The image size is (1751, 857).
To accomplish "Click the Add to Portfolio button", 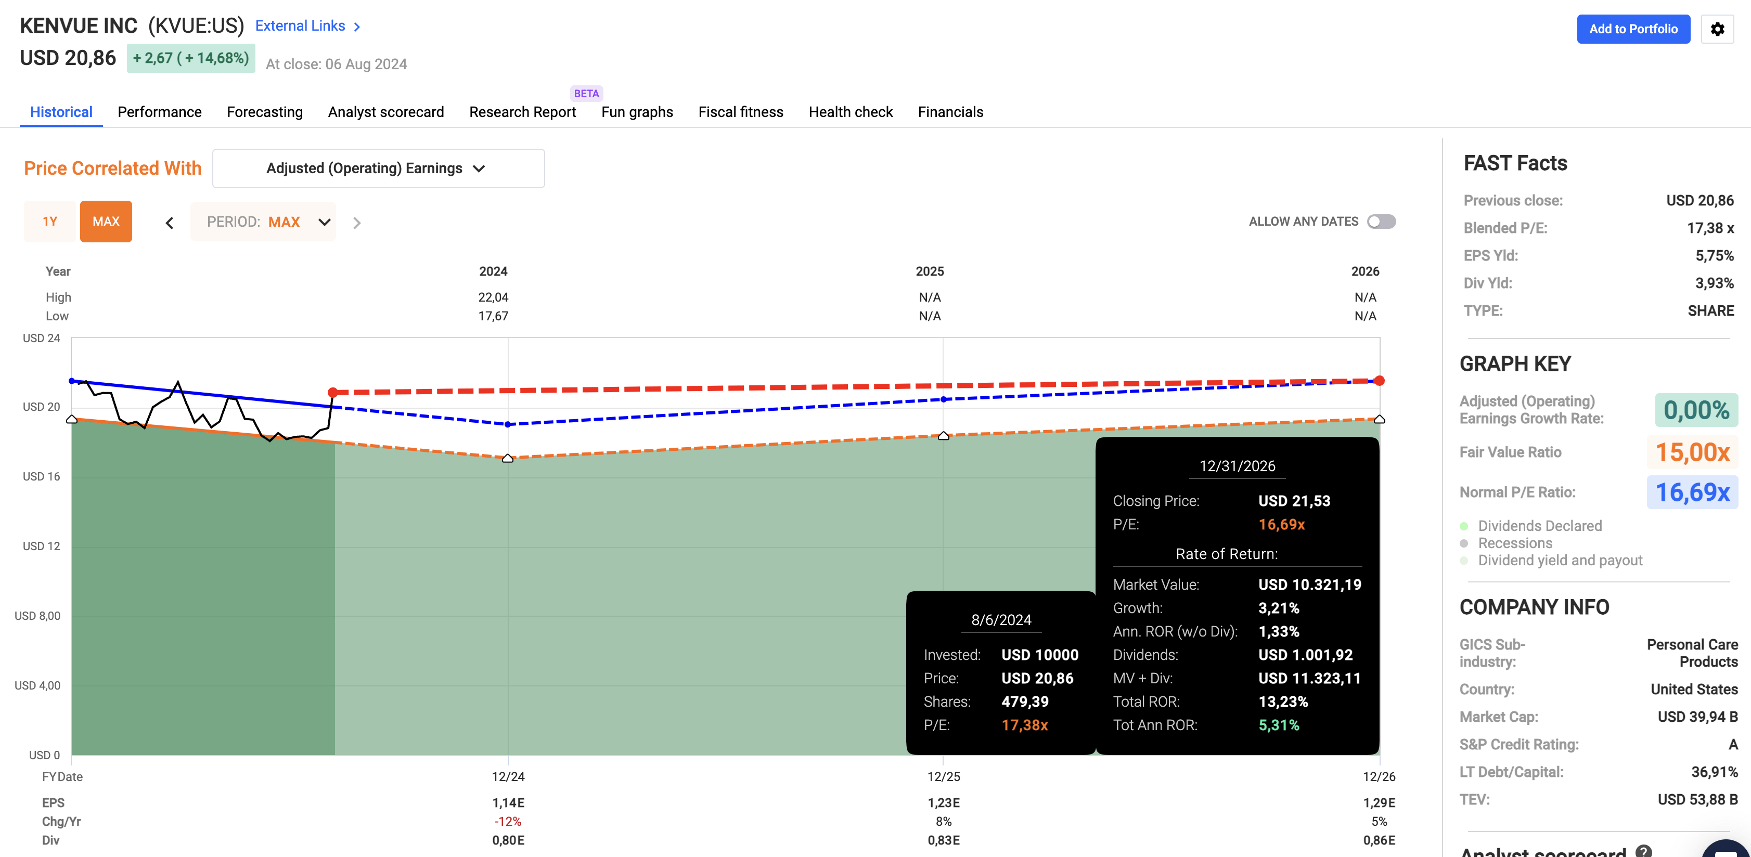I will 1633,29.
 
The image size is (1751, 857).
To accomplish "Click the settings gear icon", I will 1717,29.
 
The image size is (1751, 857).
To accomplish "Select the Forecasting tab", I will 264,112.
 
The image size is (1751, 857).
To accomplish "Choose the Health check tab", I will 851,112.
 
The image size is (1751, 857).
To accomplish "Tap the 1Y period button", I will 49,222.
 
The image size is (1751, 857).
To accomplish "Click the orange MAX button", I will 106,222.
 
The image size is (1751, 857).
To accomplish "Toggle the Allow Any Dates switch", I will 1381,222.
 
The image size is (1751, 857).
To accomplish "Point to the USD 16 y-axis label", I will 42,476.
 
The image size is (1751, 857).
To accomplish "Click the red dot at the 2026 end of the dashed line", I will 1379,381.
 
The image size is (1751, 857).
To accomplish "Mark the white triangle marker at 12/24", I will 508,459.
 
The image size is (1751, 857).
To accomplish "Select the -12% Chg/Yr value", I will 508,822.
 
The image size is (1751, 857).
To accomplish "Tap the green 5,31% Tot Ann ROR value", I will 1279,725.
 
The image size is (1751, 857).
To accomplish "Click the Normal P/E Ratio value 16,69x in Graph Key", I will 1692,492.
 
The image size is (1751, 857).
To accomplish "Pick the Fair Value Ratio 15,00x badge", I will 1692,452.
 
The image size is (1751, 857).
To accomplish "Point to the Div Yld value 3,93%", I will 1714,283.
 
